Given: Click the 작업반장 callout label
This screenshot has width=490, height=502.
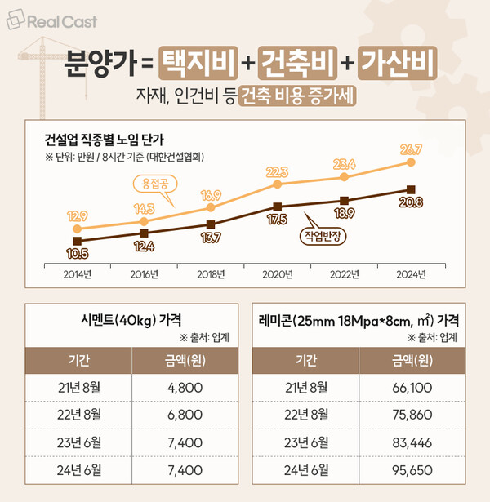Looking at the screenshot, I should [x=325, y=236].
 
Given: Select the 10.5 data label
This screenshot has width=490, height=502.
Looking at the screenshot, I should [x=76, y=255].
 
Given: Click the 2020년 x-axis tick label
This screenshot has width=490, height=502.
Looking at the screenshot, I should [x=278, y=273].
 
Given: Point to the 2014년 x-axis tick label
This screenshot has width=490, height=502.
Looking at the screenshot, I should [x=78, y=273].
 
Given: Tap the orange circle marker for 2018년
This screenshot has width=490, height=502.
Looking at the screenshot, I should [x=211, y=208].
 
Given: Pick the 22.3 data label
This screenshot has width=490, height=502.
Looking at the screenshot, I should [x=278, y=171].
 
